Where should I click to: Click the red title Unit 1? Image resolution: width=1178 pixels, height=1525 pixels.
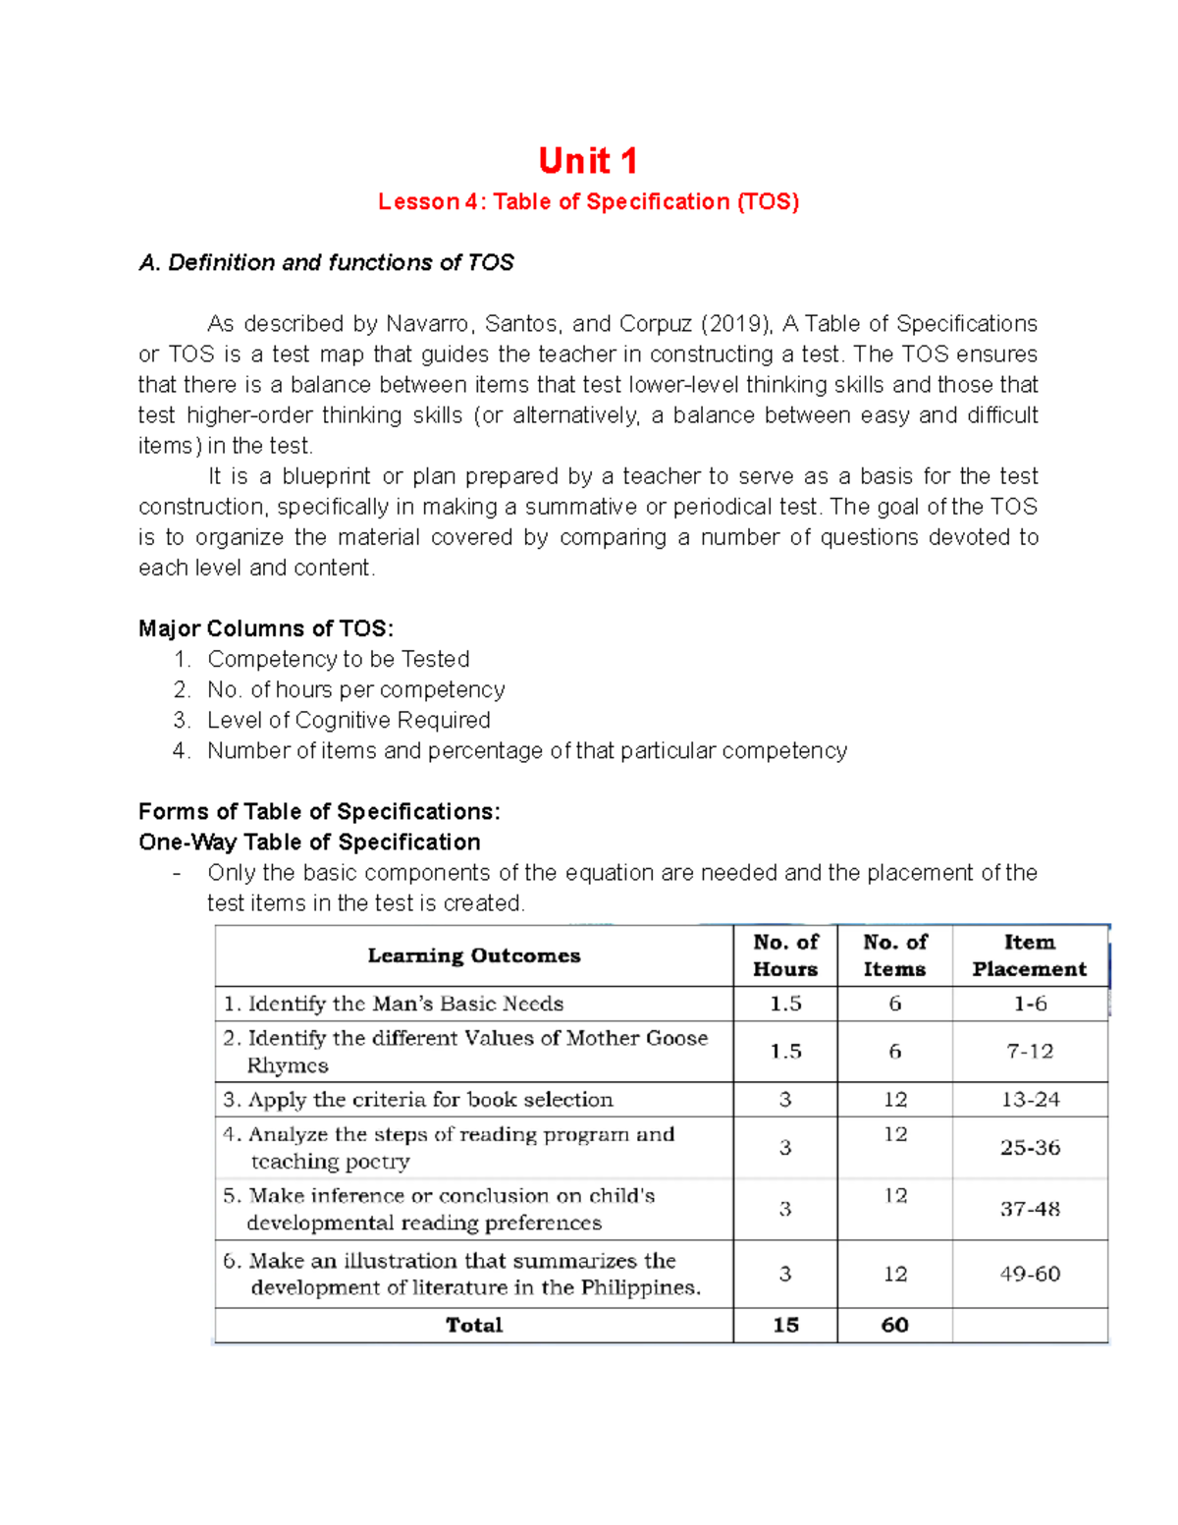588,160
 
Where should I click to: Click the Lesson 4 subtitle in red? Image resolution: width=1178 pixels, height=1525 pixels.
588,202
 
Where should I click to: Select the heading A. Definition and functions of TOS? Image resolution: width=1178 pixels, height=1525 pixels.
326,263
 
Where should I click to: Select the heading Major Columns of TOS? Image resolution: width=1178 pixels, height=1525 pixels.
266,628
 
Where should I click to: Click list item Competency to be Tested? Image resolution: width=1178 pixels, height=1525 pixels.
338,659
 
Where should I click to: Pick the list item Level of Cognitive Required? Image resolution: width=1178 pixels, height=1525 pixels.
348,720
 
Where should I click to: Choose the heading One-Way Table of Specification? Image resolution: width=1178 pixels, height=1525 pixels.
309,843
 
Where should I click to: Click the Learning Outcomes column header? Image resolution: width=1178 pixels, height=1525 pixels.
474,955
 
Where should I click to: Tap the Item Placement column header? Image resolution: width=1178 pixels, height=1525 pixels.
1029,955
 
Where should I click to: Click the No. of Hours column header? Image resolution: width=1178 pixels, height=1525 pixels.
785,955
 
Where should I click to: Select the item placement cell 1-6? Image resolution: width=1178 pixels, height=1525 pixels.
1030,1004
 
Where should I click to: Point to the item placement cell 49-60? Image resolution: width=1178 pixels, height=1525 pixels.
1030,1274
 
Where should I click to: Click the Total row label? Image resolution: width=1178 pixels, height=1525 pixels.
474,1325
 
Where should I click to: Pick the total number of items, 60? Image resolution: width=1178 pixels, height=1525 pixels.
894,1325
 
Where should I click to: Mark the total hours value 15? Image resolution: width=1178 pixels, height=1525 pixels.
785,1325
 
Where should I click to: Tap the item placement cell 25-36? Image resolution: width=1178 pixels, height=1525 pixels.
1030,1147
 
